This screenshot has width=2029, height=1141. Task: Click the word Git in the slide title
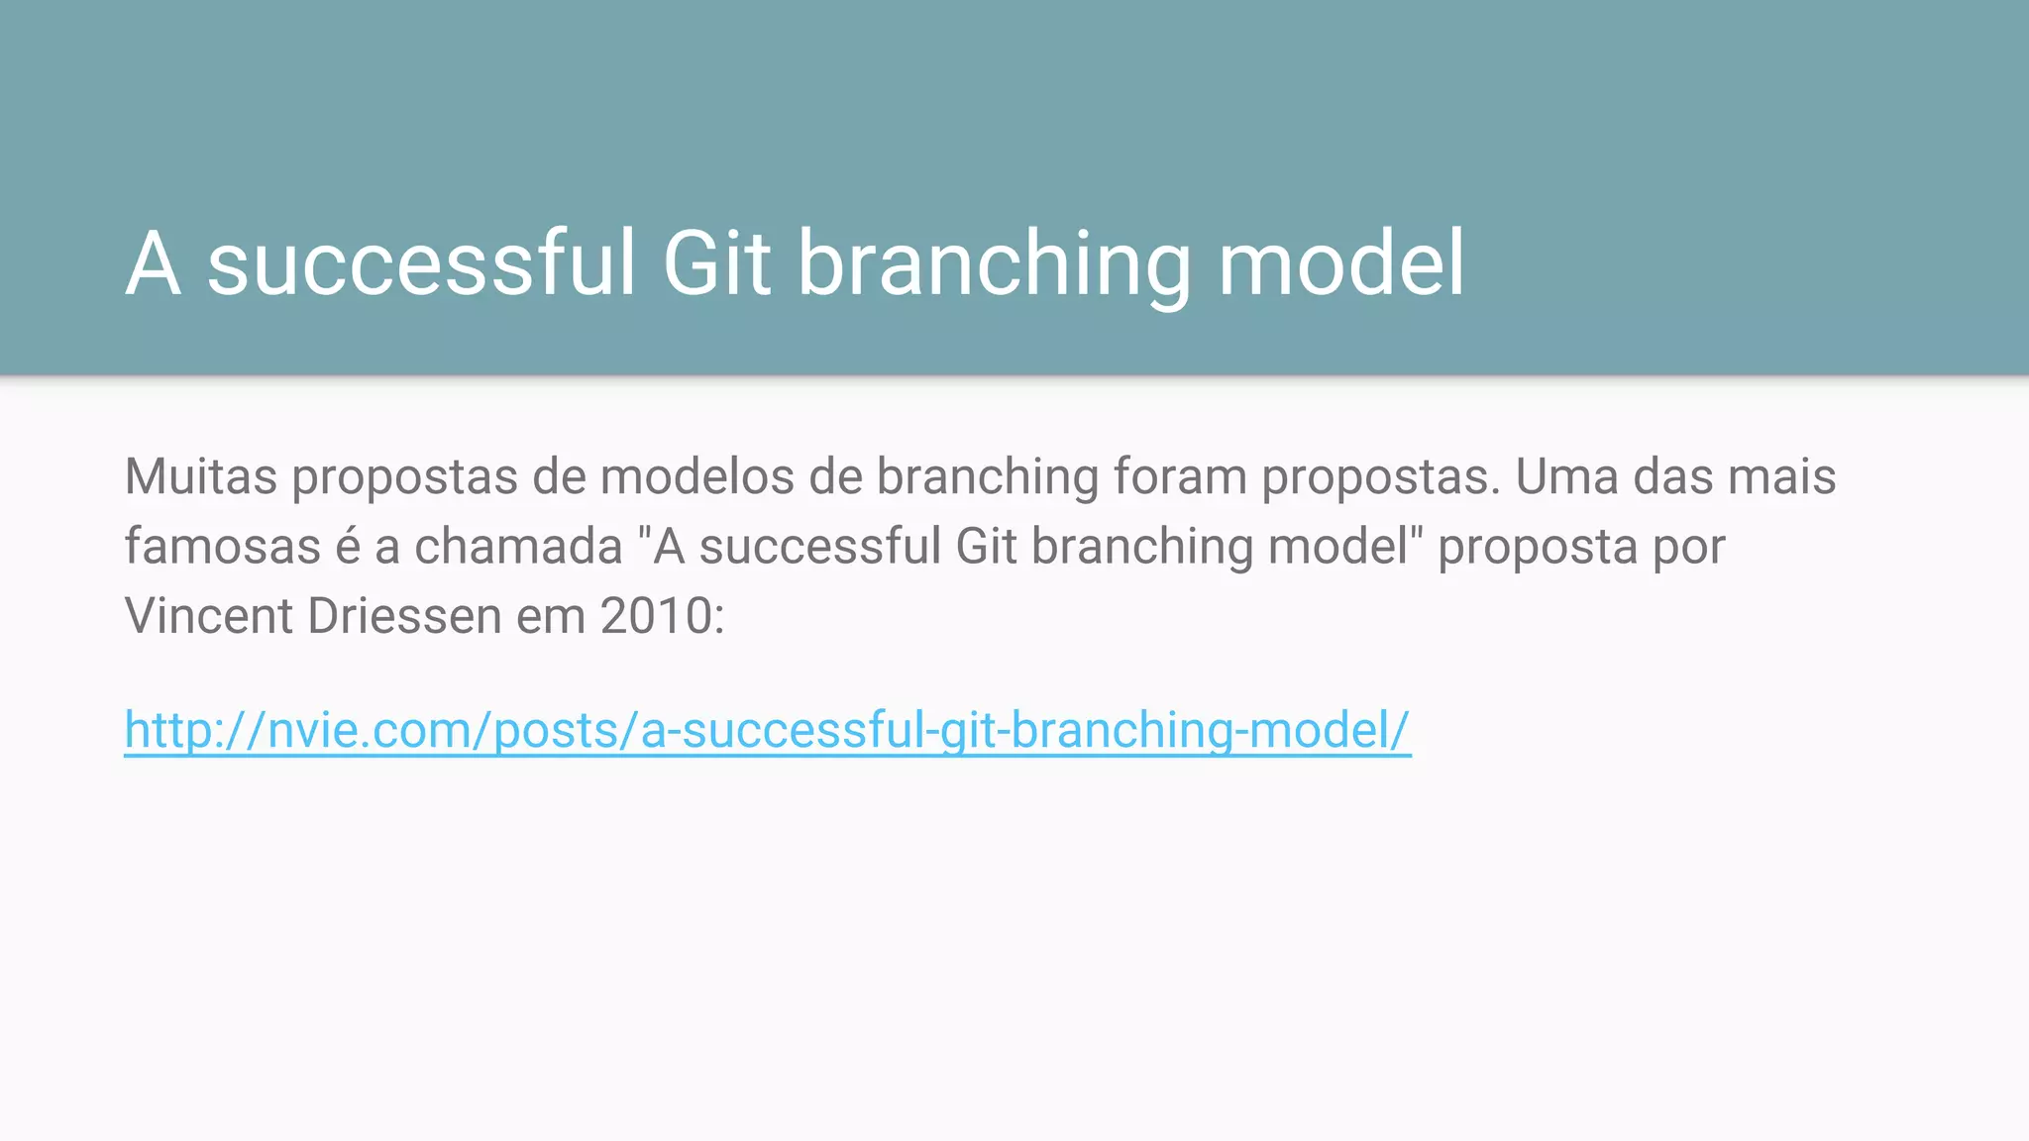716,263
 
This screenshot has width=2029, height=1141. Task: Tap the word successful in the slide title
421,263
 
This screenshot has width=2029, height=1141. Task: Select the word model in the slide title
1340,263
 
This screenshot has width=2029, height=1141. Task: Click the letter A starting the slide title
154,263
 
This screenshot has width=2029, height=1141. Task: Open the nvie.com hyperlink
767,731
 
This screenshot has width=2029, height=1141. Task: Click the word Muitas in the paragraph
201,476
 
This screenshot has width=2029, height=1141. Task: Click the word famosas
222,547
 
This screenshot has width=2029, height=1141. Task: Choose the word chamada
518,547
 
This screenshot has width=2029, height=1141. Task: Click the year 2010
656,616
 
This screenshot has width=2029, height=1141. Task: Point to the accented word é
348,547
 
